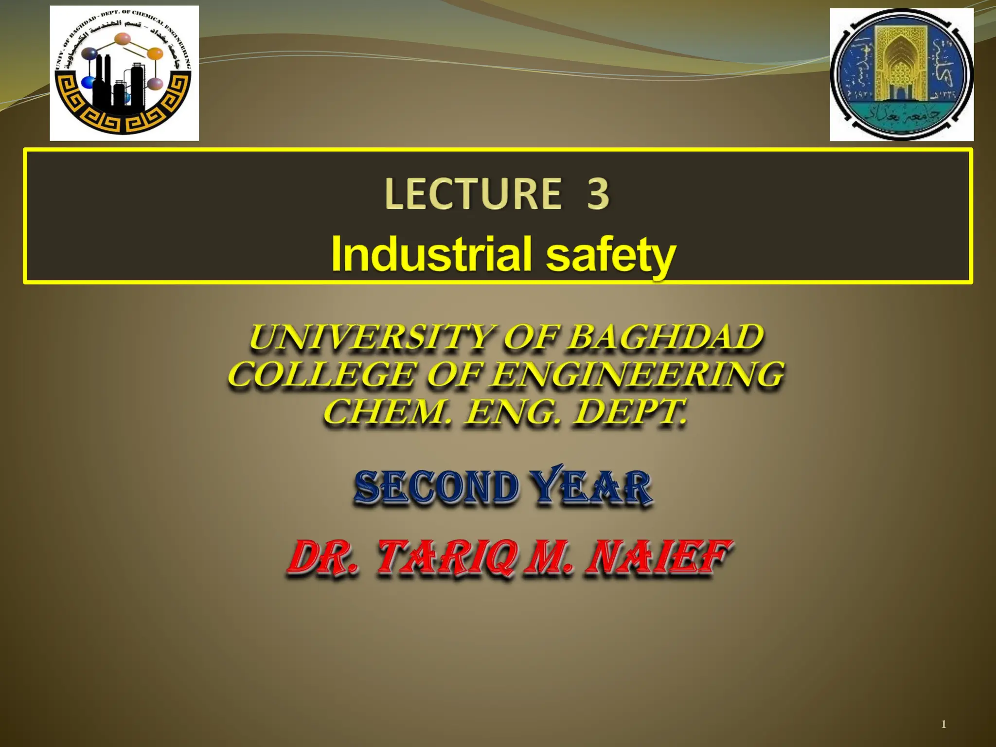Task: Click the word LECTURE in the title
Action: tap(473, 194)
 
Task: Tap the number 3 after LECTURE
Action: tap(598, 194)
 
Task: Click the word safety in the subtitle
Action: tap(611, 256)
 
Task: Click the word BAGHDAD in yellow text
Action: tap(665, 338)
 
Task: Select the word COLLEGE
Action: tap(322, 375)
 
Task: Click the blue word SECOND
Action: tap(436, 488)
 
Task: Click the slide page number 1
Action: tap(943, 725)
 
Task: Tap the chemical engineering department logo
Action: tap(124, 73)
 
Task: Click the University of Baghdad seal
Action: tap(901, 74)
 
